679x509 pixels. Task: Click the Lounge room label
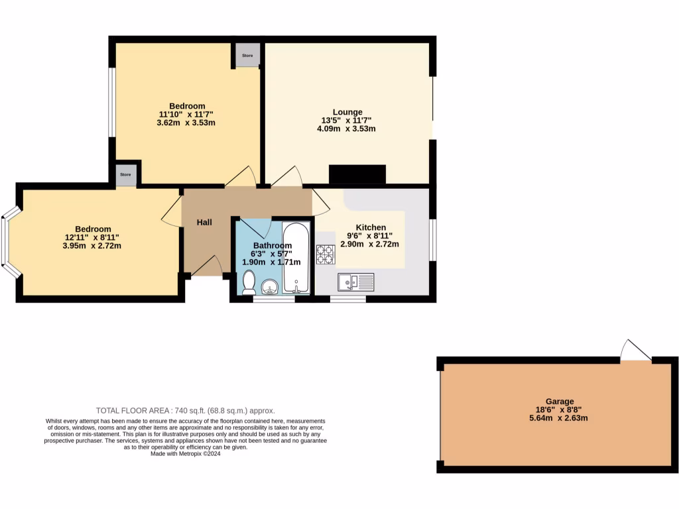tap(347, 112)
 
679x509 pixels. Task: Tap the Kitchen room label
tap(371, 227)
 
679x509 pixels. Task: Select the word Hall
tap(204, 222)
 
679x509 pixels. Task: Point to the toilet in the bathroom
tap(249, 283)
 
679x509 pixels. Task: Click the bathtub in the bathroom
tap(296, 258)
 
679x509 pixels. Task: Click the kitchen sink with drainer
tap(355, 282)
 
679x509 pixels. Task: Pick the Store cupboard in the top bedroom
tap(247, 56)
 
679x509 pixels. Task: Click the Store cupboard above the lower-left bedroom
tap(126, 175)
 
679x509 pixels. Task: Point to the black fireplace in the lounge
tap(357, 174)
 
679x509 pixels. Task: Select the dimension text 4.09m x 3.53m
tap(346, 129)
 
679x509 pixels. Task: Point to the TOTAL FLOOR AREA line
tap(185, 410)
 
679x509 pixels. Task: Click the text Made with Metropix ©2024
tap(185, 454)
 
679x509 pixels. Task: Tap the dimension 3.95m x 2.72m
tap(92, 246)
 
